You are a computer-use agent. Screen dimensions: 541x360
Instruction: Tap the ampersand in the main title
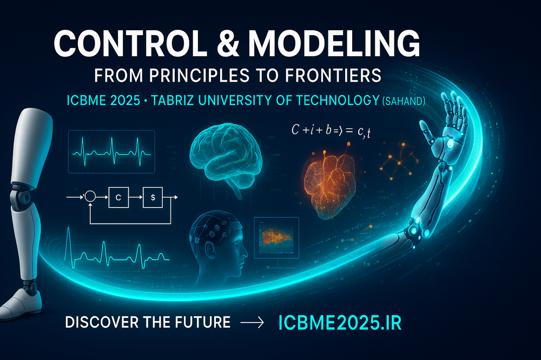[228, 43]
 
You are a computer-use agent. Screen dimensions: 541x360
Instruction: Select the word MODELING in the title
[334, 43]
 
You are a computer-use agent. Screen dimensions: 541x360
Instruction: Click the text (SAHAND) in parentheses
[404, 101]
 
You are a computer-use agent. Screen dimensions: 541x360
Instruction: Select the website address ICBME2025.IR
[340, 323]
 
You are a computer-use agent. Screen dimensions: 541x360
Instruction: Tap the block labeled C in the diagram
[118, 197]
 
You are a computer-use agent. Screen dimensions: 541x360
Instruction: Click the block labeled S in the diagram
[153, 197]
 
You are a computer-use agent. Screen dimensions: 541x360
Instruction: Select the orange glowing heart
[329, 185]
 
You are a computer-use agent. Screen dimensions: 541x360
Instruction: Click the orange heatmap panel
[276, 238]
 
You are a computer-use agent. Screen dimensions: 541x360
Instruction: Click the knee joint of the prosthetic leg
[22, 197]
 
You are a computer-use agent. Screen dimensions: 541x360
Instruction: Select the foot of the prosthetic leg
[20, 303]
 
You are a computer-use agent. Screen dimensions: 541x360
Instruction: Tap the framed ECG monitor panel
[111, 151]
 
